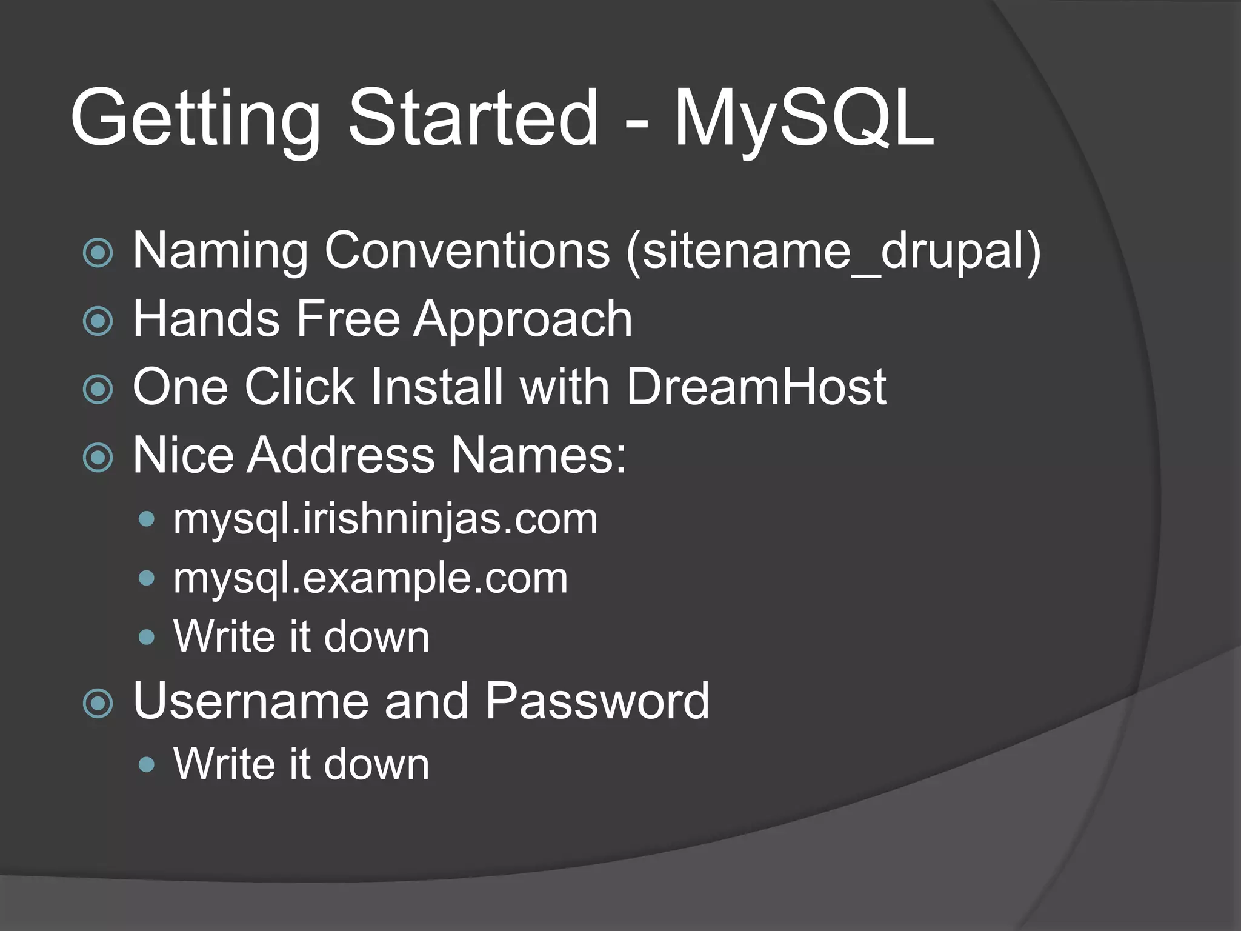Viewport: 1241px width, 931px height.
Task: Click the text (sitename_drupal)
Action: coord(833,251)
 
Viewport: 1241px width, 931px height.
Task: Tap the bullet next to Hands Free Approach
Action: coord(98,321)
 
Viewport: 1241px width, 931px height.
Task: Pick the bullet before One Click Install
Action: coord(98,389)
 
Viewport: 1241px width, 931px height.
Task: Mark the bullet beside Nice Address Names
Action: coord(98,458)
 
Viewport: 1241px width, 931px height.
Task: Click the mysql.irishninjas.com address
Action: coord(385,519)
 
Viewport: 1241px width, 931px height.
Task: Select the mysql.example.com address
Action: coord(370,578)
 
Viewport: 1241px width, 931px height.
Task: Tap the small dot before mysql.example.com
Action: coord(146,578)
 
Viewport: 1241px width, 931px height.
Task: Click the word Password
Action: coord(597,701)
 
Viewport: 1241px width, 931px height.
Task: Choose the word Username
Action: coord(250,701)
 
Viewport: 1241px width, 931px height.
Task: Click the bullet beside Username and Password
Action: coord(98,704)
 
